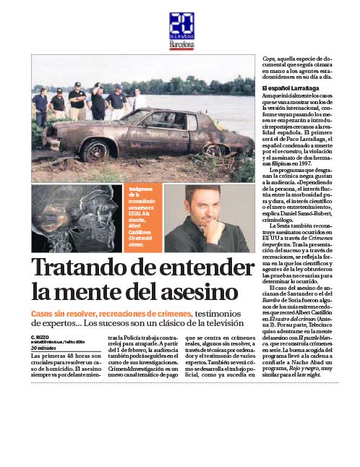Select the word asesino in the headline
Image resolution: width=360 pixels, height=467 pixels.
click(x=198, y=292)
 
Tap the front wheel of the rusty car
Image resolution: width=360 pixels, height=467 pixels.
click(x=96, y=150)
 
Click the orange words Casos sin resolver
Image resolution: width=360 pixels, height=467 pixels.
click(x=71, y=313)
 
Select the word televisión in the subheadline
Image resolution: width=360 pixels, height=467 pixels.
click(x=220, y=323)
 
